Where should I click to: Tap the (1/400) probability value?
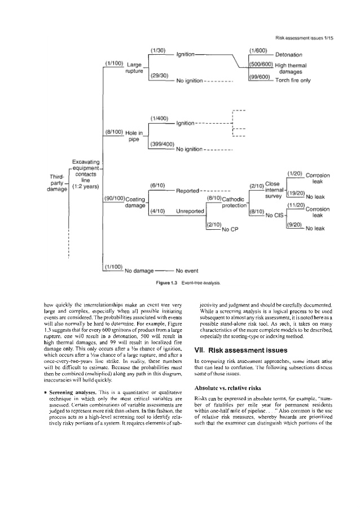point(161,117)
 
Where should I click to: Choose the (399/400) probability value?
point(163,143)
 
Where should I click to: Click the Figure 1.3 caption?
point(179,282)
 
